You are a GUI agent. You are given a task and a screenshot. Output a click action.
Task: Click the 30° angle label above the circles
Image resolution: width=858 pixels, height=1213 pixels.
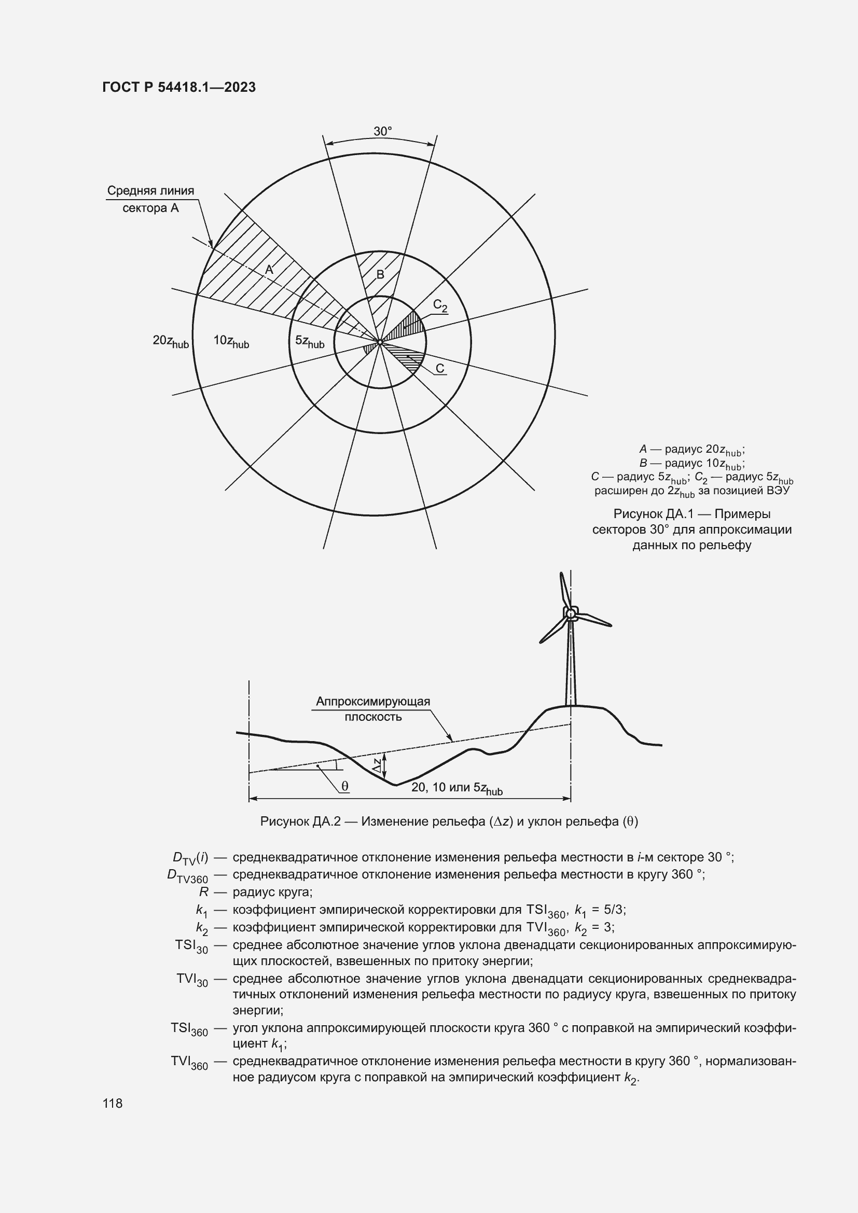382,132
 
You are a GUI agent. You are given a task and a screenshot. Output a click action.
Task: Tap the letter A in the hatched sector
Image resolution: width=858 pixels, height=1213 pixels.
269,270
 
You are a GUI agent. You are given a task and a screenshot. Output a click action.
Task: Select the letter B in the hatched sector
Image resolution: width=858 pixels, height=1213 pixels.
380,275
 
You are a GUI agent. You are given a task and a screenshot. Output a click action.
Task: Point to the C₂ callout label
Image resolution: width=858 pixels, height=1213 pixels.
440,305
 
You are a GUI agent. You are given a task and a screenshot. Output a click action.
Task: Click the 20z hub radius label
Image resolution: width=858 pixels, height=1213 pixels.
170,341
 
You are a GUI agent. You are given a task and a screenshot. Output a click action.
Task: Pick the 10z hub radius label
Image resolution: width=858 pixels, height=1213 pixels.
231,341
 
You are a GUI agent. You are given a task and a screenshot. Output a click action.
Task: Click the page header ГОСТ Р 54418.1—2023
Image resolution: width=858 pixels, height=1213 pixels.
179,87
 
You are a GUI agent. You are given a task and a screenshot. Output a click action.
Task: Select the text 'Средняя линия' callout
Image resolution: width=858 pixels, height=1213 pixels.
150,191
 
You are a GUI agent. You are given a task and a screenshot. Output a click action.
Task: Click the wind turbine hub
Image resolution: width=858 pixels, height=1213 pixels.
571,614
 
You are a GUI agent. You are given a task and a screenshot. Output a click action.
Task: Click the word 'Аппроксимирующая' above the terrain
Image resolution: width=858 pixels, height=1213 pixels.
373,702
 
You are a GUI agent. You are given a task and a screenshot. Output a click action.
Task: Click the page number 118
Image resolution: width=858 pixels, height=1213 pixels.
113,1104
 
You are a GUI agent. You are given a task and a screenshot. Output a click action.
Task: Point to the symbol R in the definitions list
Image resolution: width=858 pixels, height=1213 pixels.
204,893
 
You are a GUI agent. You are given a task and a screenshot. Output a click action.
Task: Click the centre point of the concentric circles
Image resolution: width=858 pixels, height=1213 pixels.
380,342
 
